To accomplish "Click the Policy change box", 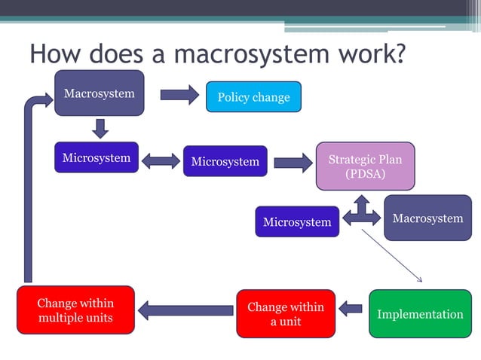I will tap(253, 97).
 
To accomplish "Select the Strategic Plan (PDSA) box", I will tap(365, 166).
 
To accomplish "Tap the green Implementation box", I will tap(419, 314).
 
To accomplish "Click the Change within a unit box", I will tap(285, 314).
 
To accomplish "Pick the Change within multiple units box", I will tap(75, 310).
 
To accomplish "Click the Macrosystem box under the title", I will tap(99, 93).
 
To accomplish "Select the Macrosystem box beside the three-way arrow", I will tap(427, 218).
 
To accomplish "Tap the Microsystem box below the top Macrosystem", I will tap(96, 158).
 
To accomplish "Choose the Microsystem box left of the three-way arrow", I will tap(297, 221).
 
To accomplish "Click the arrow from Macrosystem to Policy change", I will tap(179, 94).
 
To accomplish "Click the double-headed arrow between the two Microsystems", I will tap(160, 160).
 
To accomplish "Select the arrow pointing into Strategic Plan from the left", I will tap(293, 162).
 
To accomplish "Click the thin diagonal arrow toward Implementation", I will tap(392, 256).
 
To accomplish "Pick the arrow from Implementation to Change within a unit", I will tap(351, 308).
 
